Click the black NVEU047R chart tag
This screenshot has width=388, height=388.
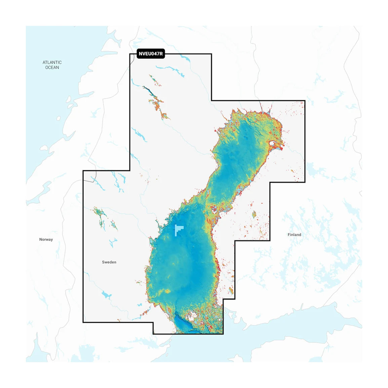[151, 54]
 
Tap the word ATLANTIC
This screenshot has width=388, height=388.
[52, 62]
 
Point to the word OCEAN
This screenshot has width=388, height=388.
[52, 68]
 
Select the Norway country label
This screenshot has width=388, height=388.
[46, 239]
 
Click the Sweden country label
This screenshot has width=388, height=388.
[109, 262]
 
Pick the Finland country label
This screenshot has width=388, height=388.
[294, 234]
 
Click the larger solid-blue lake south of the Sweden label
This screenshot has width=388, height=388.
[106, 295]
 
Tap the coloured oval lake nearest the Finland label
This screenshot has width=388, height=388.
[255, 214]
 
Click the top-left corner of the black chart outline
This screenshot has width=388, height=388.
[130, 54]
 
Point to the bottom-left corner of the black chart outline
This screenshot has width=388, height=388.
[83, 322]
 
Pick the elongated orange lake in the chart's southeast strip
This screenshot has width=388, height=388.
[231, 290]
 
